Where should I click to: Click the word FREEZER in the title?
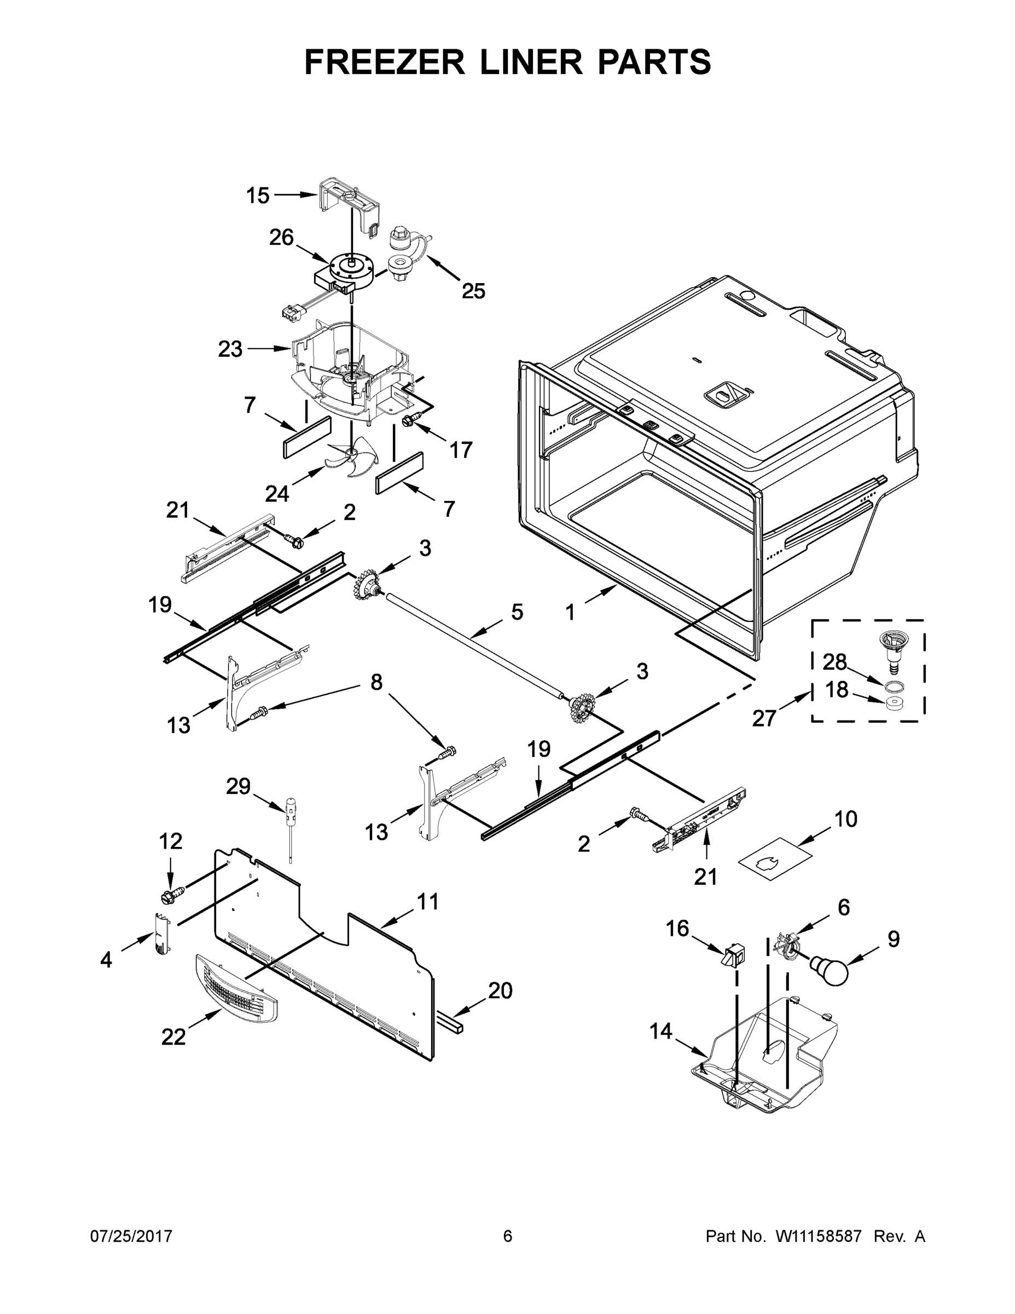coord(384,62)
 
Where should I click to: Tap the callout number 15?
coord(258,195)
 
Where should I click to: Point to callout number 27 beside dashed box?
coord(764,718)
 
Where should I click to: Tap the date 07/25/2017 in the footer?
coord(131,1236)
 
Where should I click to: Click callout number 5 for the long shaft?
coord(517,613)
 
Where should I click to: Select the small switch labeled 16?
coord(733,955)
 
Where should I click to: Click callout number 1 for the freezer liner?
coord(570,613)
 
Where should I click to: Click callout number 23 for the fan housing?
coord(230,349)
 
